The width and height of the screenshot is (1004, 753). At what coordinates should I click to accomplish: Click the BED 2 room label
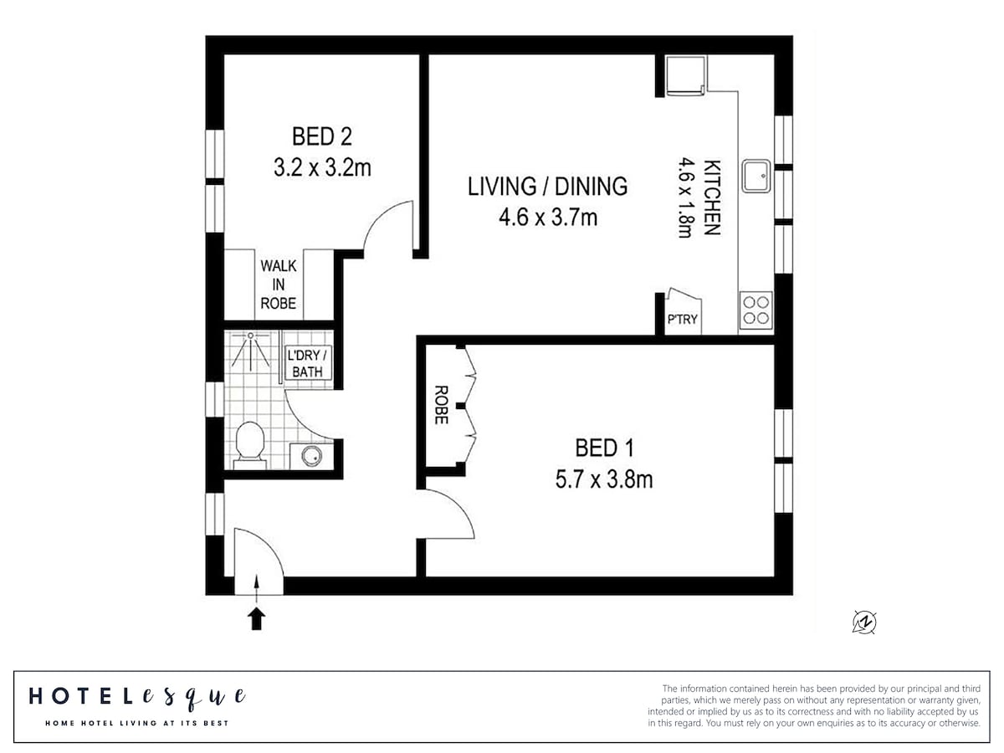tap(322, 136)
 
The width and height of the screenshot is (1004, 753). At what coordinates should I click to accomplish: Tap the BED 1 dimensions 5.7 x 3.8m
tap(604, 479)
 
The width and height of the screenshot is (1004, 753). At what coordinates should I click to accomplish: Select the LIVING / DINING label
tap(547, 186)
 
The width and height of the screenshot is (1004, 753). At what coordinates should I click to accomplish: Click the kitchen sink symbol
tap(756, 176)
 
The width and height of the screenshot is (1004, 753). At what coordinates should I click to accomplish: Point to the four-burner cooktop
tap(756, 310)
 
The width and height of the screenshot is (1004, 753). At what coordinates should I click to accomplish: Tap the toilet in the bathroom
tap(249, 445)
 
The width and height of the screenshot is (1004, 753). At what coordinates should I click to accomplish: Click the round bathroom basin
tap(312, 455)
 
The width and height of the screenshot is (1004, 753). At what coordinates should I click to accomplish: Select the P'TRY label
tap(682, 319)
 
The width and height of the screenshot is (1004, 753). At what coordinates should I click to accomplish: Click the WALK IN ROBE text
tap(278, 284)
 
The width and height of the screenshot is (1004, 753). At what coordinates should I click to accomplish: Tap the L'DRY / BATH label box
tap(307, 363)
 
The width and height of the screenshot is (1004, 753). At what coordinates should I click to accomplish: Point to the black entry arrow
tap(256, 618)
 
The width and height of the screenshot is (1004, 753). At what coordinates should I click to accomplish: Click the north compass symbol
tap(864, 622)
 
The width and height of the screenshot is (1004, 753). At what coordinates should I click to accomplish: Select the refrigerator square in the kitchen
tap(685, 76)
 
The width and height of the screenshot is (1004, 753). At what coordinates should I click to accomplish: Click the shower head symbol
tap(251, 336)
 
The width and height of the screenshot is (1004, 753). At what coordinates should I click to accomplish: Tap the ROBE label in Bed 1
tap(440, 405)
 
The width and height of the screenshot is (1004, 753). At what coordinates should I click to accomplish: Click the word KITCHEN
tap(712, 197)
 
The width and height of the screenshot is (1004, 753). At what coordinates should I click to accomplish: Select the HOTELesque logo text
tap(137, 697)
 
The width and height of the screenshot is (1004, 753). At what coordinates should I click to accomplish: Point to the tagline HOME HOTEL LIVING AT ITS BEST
tap(136, 723)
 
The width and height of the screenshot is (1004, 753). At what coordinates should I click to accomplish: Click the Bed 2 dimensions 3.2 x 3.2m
tap(322, 168)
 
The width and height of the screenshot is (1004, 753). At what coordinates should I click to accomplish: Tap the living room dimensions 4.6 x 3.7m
tap(548, 218)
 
